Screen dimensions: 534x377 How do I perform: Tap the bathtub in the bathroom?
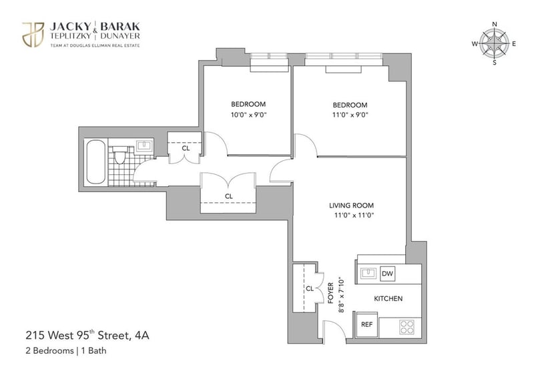point(95,162)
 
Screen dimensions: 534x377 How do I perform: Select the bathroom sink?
point(144,145)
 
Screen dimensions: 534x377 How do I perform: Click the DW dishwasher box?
point(387,274)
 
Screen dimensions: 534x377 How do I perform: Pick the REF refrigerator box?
point(366,324)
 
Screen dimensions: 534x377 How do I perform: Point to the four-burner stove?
point(407,327)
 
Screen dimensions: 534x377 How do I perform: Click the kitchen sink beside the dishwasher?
point(367,274)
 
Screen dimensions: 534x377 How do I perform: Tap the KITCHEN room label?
point(388,299)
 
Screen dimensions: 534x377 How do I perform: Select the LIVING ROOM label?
point(351,206)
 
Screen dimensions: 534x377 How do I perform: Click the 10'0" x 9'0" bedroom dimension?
point(248,115)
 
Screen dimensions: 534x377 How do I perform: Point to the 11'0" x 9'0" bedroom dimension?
point(350,115)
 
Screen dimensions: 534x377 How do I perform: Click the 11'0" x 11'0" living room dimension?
point(354,216)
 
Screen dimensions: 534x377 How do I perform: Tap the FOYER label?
point(330,293)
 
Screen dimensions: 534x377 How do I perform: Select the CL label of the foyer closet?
point(309,289)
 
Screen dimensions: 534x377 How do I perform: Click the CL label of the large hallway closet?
point(229,196)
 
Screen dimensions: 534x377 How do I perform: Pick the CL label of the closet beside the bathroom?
point(186,148)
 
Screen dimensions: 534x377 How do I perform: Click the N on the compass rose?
point(495,24)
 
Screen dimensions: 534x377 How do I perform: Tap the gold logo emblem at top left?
point(33,35)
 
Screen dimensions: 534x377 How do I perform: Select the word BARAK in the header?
point(120,27)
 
